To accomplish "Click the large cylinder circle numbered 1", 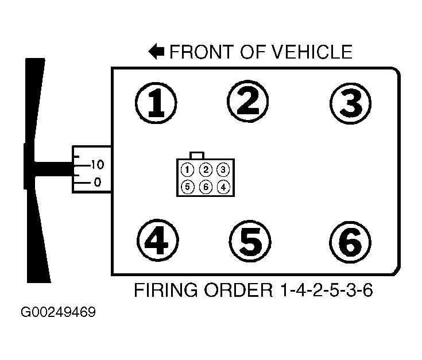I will pos(156,104).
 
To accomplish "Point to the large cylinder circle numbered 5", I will pos(250,241).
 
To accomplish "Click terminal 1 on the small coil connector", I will pos(187,169).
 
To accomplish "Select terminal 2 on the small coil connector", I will pos(206,169).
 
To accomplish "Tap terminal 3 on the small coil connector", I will pos(223,169).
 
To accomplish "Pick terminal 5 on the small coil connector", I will pos(187,187).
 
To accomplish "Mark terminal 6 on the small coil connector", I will pos(206,187).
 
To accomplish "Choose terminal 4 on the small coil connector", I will pos(223,187).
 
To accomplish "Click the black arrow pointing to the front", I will pos(156,52).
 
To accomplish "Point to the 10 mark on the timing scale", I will pos(96,165).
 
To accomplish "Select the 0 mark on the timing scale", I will pos(97,183).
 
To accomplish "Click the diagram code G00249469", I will pos(58,313).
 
